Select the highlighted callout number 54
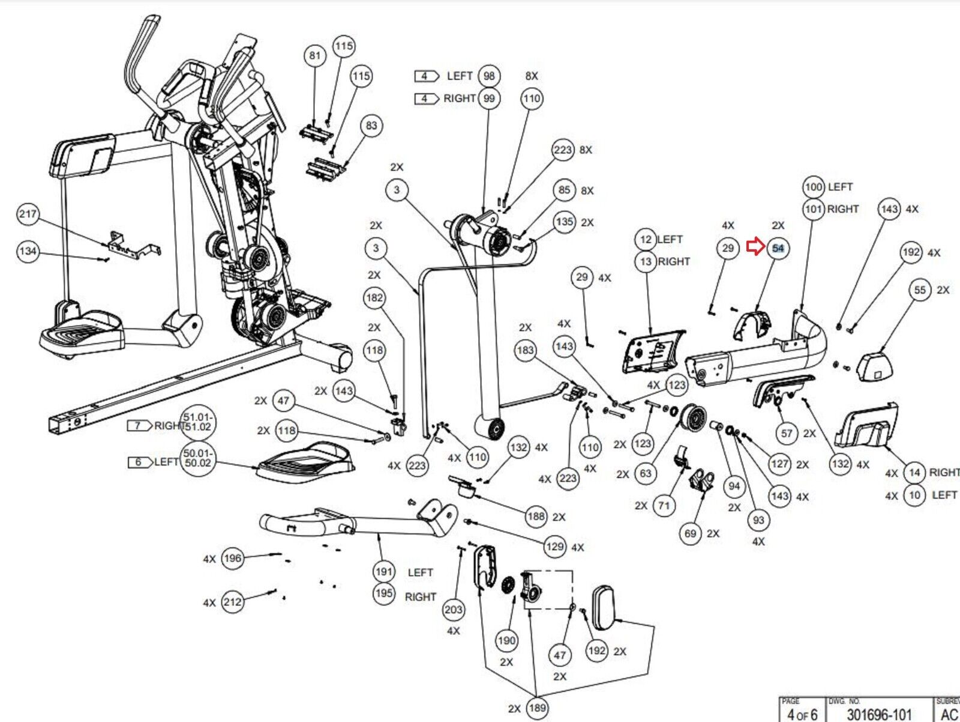(778, 248)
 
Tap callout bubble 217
(28, 214)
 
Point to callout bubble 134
(28, 251)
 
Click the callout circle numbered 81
(315, 56)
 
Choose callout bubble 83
(371, 126)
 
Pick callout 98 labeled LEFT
(489, 76)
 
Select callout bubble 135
(564, 222)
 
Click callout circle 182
(374, 298)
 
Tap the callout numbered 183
(525, 350)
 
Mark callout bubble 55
(920, 290)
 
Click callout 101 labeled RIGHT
(814, 209)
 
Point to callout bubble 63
(646, 473)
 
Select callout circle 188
(536, 517)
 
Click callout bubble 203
(454, 610)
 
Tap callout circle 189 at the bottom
(537, 708)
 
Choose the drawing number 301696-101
(879, 714)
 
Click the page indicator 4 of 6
(802, 714)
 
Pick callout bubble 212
(232, 601)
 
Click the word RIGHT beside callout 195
(420, 597)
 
